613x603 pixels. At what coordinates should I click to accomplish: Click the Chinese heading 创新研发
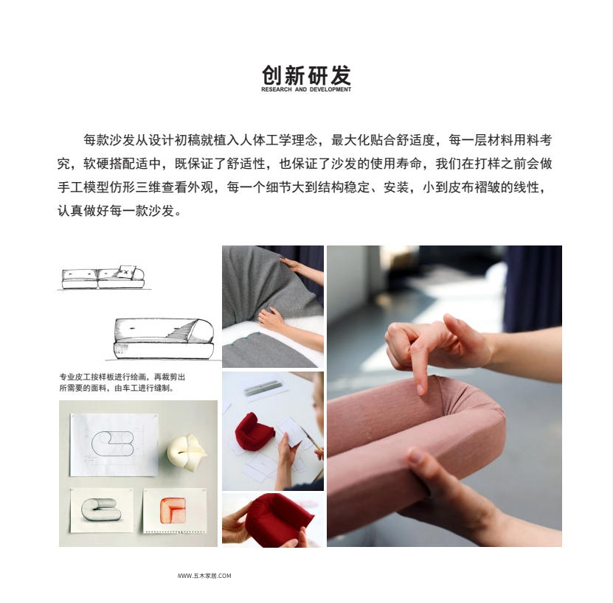306,75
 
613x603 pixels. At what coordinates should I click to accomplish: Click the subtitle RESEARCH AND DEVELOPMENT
306,89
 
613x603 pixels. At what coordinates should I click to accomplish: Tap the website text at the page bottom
204,576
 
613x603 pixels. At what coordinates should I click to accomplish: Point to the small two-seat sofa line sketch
103,277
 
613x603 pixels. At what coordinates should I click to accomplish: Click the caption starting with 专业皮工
122,382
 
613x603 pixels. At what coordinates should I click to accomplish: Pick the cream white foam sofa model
186,452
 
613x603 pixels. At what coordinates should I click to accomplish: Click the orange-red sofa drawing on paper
173,510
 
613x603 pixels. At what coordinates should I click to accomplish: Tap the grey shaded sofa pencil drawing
101,509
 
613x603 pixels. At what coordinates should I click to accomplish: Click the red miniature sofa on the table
253,431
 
